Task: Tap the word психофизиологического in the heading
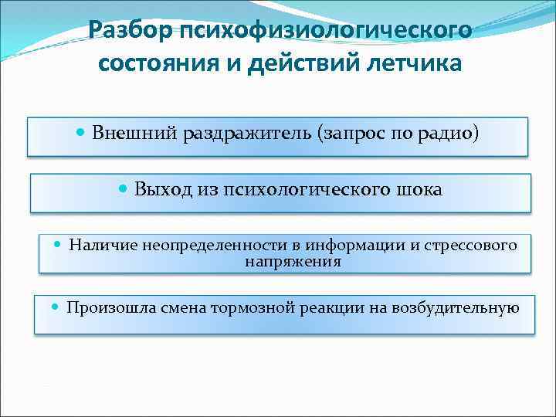click(x=325, y=31)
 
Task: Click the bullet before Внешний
click(x=82, y=132)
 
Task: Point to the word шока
click(x=422, y=189)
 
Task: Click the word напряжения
click(x=293, y=262)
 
